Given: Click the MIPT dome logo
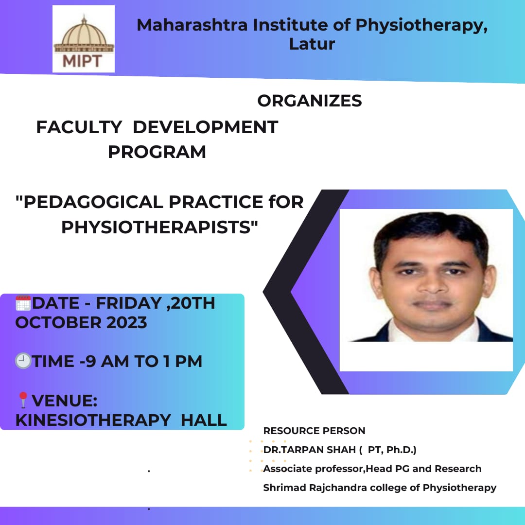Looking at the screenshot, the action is click(84, 39).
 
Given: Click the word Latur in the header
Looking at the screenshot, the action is click(312, 44).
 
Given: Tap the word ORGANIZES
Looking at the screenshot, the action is click(309, 101).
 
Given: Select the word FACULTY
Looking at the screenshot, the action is click(79, 127).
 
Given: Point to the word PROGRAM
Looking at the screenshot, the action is click(157, 152).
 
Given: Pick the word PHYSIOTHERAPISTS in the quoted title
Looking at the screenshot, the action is click(156, 227).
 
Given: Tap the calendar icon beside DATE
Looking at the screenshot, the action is click(23, 303).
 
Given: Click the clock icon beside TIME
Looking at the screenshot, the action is click(23, 361).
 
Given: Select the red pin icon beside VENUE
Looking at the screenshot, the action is click(23, 400).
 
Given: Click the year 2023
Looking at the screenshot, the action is click(126, 322).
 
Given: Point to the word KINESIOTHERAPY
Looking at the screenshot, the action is click(93, 420).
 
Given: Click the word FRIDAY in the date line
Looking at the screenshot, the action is click(129, 303).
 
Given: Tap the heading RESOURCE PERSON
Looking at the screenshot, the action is click(314, 431).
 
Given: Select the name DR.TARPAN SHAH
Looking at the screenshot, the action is click(309, 450).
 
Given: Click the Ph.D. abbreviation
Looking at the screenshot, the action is click(401, 450).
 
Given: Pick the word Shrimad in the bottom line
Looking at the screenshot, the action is click(284, 488).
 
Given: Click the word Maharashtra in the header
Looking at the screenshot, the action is click(192, 25).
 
